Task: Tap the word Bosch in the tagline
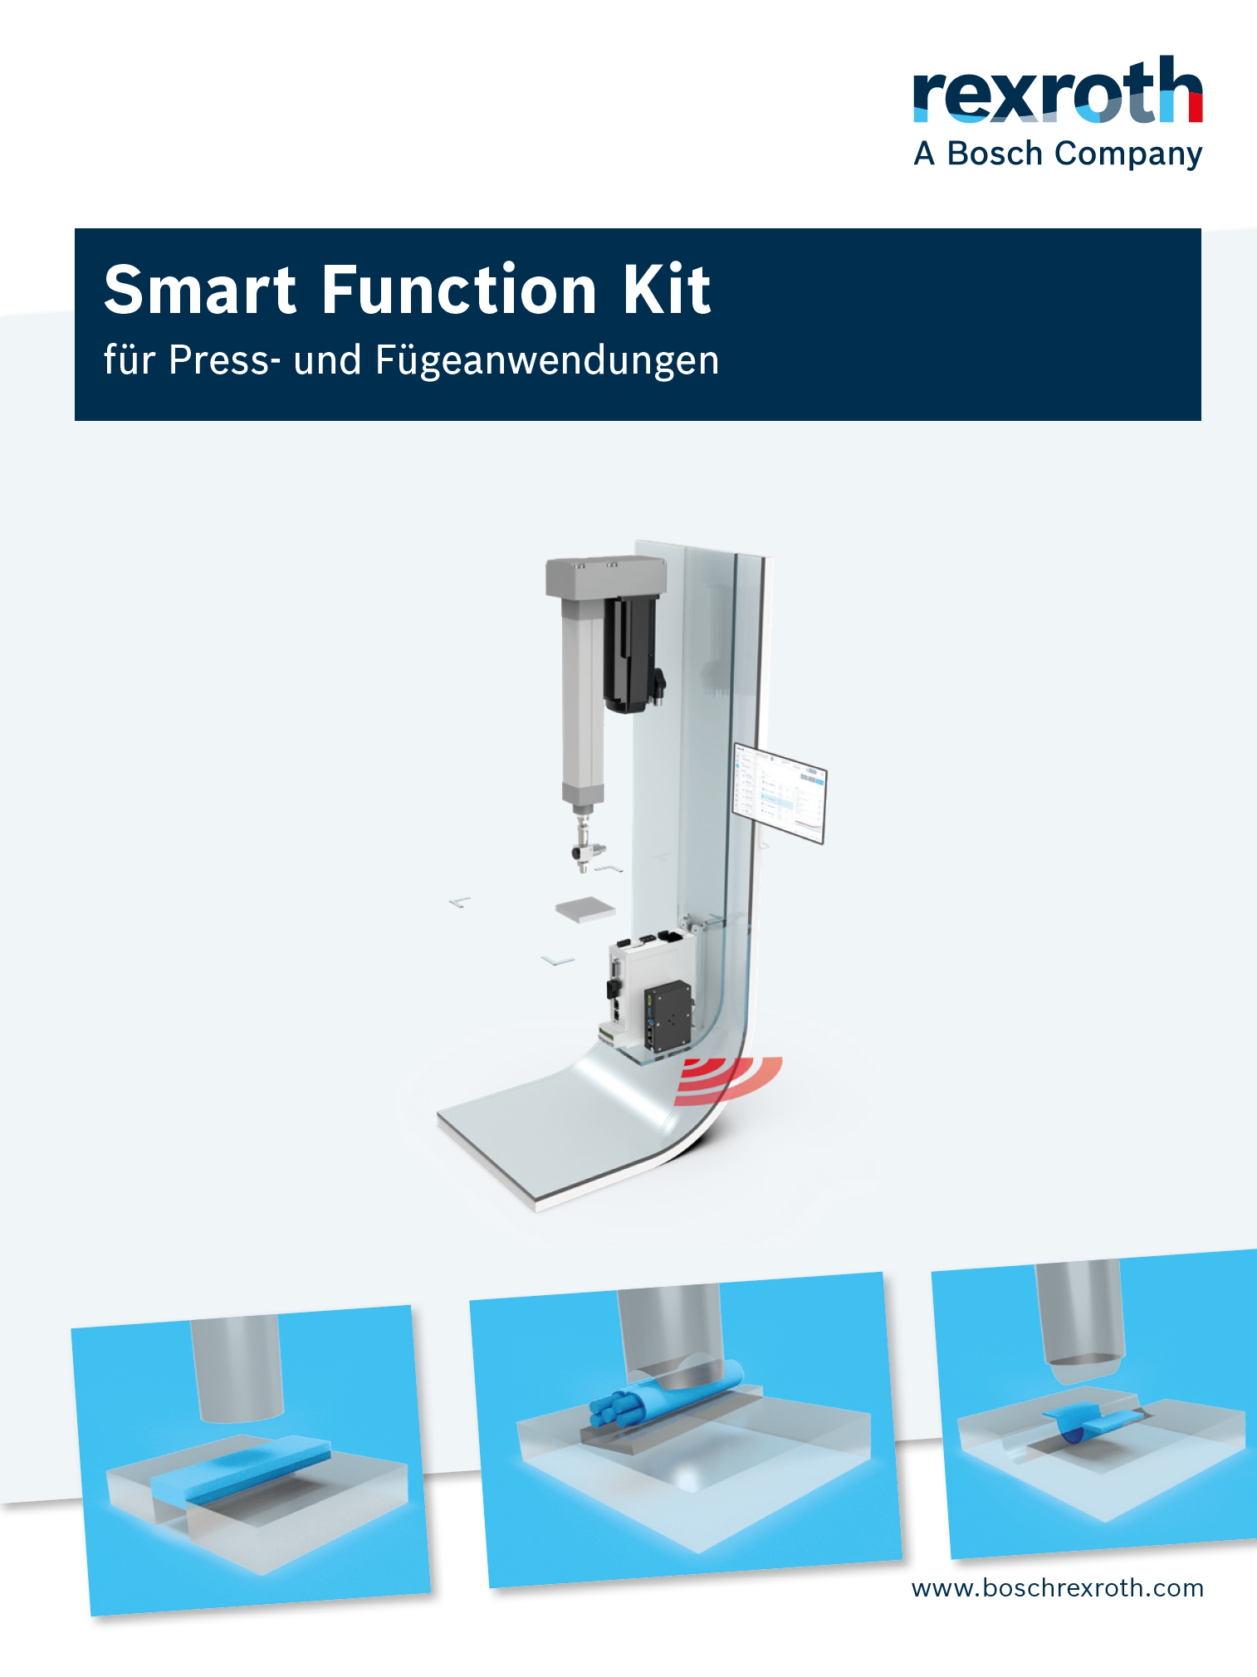point(995,154)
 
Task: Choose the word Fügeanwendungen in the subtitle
point(547,361)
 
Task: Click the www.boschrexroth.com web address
point(1057,1588)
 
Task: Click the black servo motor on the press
point(633,654)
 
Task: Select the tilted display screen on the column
point(779,793)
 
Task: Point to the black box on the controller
point(668,1016)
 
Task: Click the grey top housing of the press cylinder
point(605,576)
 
